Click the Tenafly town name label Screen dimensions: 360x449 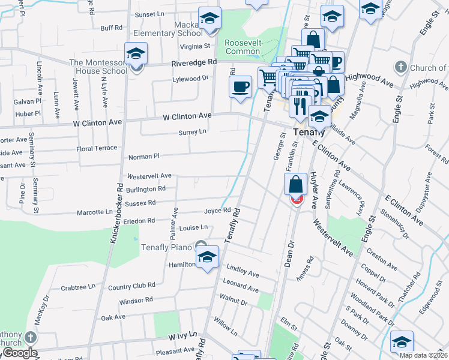click(x=309, y=131)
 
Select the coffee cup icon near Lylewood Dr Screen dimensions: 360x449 click(x=240, y=86)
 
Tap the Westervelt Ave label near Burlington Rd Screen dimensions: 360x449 click(x=149, y=176)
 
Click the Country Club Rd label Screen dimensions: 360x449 click(x=132, y=287)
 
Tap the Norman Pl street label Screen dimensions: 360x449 click(x=143, y=157)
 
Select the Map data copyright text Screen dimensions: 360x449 click(x=424, y=354)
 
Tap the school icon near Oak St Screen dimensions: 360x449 click(x=402, y=341)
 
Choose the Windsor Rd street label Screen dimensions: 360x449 click(x=136, y=299)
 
